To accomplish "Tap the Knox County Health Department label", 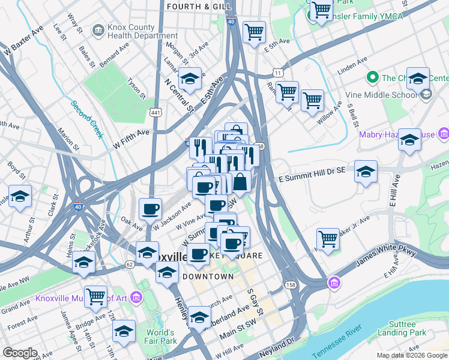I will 134,31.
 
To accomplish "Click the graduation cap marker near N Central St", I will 190,79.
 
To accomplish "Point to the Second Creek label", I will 87,119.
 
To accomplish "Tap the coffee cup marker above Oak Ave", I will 150,209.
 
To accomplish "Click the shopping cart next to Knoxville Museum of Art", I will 95,296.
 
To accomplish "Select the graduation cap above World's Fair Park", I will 124,331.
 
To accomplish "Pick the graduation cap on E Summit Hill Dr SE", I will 366,172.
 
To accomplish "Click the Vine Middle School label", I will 382,94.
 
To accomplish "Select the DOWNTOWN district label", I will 208,277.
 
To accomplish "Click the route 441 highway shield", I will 155,112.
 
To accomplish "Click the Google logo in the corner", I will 20,352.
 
